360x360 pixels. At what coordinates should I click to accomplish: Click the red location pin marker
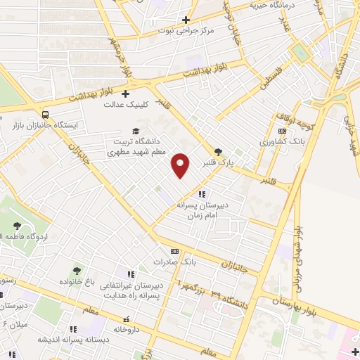click(181, 165)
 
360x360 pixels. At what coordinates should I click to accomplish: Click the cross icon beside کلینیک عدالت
click(126, 93)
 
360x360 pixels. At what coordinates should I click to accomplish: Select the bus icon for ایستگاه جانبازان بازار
click(46, 114)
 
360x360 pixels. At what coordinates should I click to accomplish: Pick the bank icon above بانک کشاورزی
click(282, 131)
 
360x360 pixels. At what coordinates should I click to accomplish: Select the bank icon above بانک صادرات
click(174, 251)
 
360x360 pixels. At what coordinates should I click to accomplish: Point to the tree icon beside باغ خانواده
click(77, 271)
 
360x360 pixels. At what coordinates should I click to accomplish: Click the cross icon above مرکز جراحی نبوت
click(186, 20)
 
